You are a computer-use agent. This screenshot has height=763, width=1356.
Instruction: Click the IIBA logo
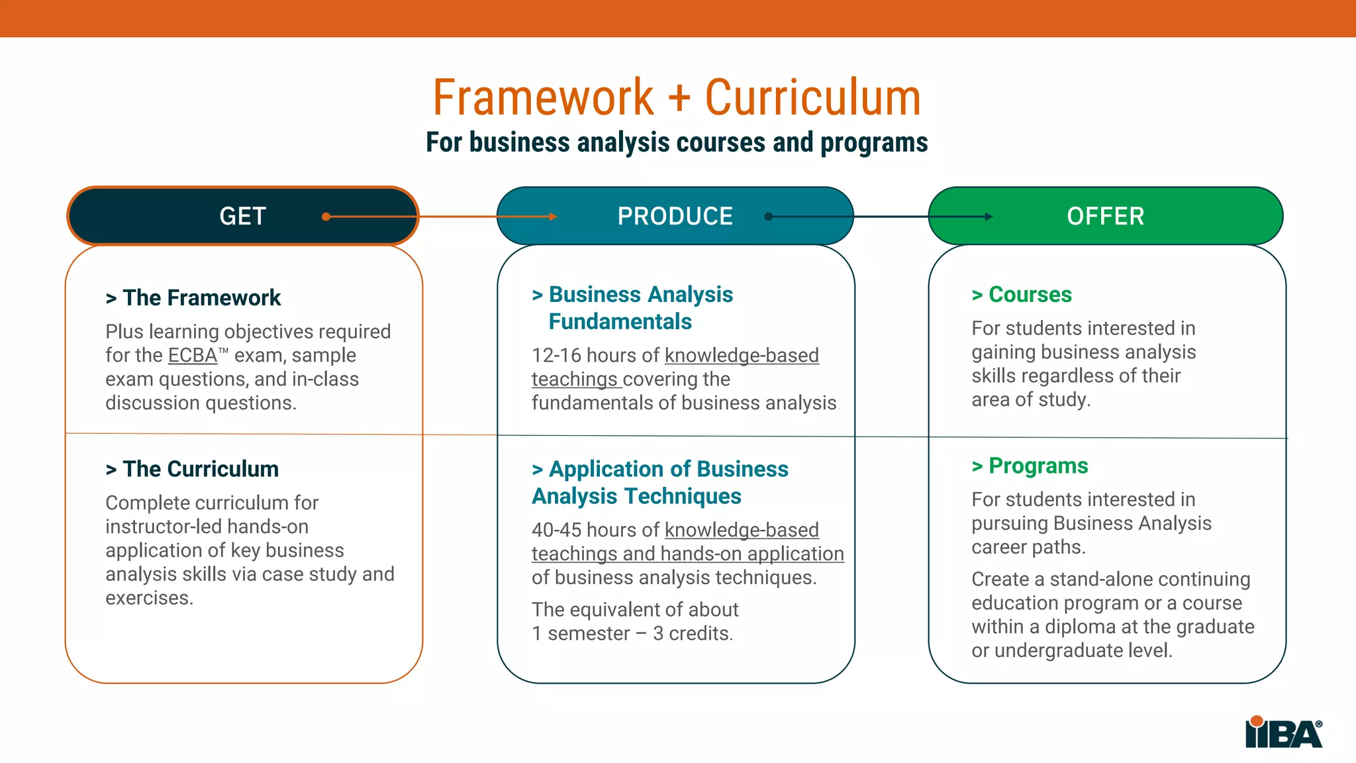(x=1283, y=733)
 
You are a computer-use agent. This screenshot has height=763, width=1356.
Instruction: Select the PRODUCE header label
(x=675, y=216)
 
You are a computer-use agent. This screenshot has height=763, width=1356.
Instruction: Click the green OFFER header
(x=1105, y=216)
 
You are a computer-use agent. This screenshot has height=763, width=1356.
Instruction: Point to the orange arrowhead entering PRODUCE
(x=553, y=217)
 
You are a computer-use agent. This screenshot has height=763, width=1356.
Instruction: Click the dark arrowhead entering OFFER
(x=989, y=217)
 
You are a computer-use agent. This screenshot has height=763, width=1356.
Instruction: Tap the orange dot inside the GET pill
(x=326, y=217)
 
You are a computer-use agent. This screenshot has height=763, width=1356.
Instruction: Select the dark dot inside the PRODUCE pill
(x=768, y=217)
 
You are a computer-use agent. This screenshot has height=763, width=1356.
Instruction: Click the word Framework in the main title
(x=543, y=98)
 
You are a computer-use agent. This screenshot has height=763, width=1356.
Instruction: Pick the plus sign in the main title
(x=679, y=98)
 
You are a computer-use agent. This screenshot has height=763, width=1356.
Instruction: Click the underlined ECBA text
(x=192, y=356)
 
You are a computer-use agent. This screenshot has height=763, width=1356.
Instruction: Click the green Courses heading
(x=1030, y=295)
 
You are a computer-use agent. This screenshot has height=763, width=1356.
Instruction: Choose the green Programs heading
(x=1038, y=466)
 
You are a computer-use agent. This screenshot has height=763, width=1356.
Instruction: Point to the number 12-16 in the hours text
(x=556, y=356)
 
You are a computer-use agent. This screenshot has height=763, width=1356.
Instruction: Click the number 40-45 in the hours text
(x=556, y=531)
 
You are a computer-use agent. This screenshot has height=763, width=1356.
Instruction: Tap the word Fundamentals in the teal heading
(x=620, y=322)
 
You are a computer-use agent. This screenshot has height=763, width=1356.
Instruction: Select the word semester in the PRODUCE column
(x=589, y=634)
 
